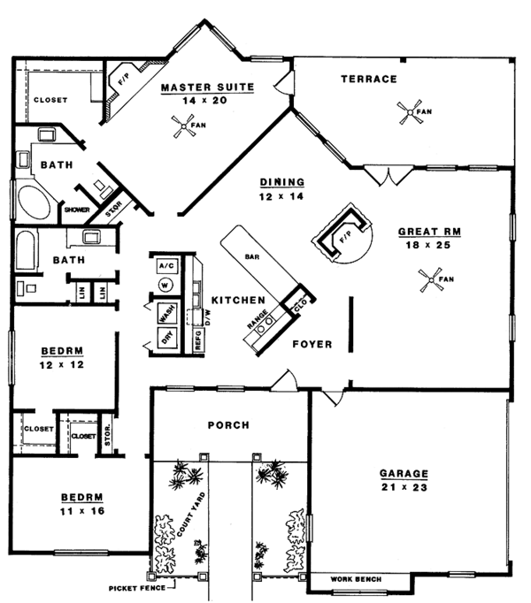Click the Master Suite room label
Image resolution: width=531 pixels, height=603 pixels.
pos(208,87)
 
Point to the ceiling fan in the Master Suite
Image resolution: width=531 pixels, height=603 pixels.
pos(187,131)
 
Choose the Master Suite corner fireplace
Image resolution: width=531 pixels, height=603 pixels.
pos(119,84)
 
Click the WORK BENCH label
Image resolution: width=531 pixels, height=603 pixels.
pos(357,579)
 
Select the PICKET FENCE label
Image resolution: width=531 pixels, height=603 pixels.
pos(137,587)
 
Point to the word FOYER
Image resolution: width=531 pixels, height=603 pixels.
pos(312,344)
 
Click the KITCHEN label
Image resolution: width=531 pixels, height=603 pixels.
pos(235,301)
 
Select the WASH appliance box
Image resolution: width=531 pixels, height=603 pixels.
pos(165,312)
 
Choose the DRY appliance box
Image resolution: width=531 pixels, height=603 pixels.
pos(165,337)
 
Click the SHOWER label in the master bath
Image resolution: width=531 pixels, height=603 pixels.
pos(75,210)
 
